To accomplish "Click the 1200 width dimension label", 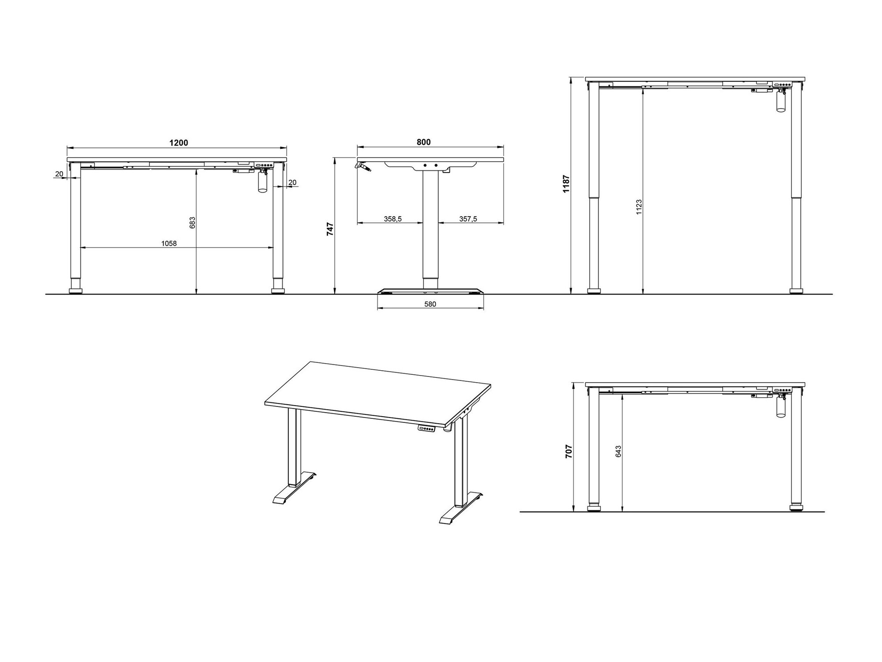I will coord(179,143).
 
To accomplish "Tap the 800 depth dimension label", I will coord(423,142).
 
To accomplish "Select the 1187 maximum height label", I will coord(567,183).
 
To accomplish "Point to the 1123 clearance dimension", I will coord(639,207).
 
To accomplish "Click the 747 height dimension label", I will coord(330,229).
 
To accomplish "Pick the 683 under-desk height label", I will coord(192,222).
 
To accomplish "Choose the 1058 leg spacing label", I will coord(169,243).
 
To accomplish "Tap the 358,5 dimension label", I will coord(392,219).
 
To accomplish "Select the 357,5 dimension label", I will coord(468,219).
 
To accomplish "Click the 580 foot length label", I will coord(430,304).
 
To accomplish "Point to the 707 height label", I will coord(569,451).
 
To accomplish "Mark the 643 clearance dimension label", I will coord(618,451).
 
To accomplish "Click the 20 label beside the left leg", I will coord(59,174).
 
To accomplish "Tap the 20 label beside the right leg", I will coord(292,182).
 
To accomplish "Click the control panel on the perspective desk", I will coord(427,428).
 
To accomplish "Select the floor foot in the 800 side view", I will coord(430,291).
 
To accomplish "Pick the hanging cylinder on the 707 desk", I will coord(781,409).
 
